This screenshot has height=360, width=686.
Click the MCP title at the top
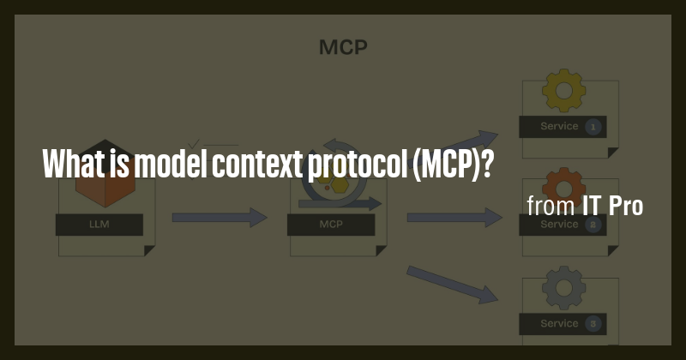point(343,46)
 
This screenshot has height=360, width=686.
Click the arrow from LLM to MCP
point(220,218)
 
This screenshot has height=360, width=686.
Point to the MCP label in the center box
point(331,225)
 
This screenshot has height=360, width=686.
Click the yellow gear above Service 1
point(563,93)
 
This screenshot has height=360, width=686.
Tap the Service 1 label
point(559,127)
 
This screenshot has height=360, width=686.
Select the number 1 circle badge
point(593,127)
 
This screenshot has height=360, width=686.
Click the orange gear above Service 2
point(563,184)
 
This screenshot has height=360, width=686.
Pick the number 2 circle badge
point(593,225)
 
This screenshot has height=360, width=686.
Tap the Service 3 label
point(559,324)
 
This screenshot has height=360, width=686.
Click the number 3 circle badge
point(593,324)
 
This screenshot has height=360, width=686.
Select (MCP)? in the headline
point(452,162)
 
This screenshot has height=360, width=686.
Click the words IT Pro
point(612,206)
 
